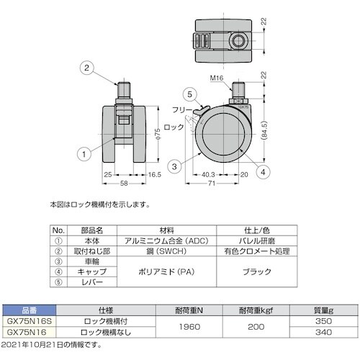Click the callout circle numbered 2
86,68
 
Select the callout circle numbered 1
84,154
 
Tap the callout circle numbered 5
189,94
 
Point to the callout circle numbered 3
174,166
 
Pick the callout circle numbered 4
263,172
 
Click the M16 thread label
217,78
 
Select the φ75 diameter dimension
158,134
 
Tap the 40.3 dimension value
208,175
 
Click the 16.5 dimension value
155,175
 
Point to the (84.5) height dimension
264,130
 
